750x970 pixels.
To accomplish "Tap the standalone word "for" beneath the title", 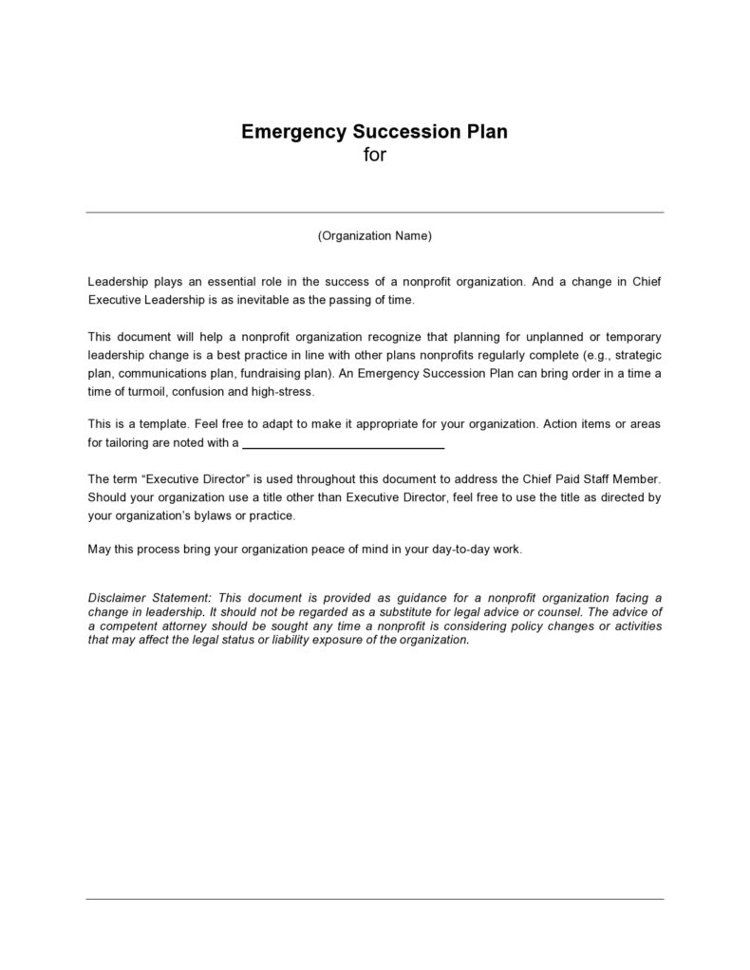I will (x=375, y=155).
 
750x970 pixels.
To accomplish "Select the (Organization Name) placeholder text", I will (x=375, y=236).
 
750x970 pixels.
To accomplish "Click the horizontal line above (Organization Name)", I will (x=375, y=212).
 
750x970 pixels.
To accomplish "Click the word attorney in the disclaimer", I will (x=188, y=626).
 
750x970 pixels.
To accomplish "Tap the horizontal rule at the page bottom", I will (x=375, y=898).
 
